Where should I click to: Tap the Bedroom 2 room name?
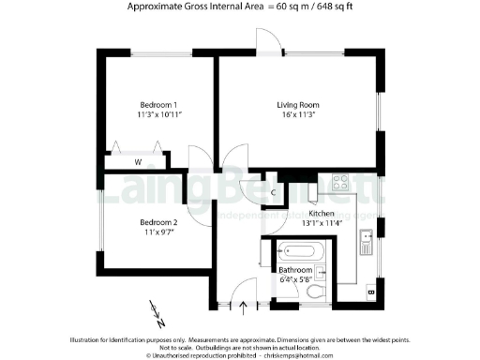click(x=158, y=222)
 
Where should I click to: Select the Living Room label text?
click(x=299, y=103)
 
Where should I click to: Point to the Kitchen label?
click(x=335, y=214)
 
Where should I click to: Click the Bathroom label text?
click(x=295, y=270)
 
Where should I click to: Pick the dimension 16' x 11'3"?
click(x=299, y=114)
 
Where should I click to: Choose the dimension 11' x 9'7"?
click(x=158, y=232)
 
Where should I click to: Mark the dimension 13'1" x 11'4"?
click(x=335, y=224)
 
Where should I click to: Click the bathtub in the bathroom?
click(x=299, y=252)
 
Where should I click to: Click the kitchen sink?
click(x=365, y=242)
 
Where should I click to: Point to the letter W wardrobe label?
click(x=137, y=163)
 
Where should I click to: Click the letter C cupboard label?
click(x=272, y=194)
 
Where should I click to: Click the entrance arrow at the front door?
click(x=245, y=304)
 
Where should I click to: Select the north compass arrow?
click(x=155, y=307)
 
